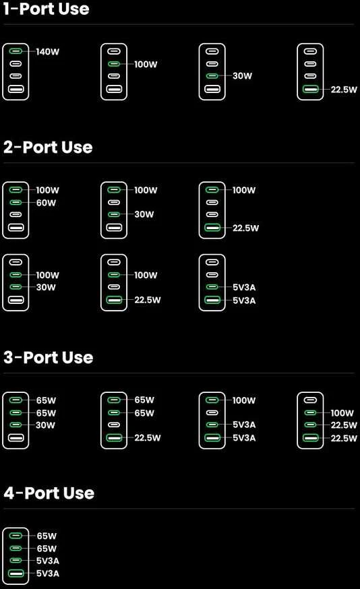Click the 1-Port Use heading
[47, 8]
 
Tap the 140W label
[48, 51]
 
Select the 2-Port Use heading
[48, 147]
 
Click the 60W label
[47, 203]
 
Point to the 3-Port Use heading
[49, 357]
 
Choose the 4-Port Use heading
[49, 493]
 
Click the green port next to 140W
[16, 51]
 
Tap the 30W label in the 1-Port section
[243, 76]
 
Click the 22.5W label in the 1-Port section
[344, 90]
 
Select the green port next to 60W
[16, 202]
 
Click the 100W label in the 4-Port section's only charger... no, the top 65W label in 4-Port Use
[47, 536]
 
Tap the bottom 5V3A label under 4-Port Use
[48, 573]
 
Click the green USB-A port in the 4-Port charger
[16, 573]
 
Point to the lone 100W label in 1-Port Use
[146, 64]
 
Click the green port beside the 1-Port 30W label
[212, 76]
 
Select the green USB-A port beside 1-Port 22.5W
[310, 89]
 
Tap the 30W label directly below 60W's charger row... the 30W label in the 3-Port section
[45, 425]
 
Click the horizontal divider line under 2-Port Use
[179, 163]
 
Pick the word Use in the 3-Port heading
[78, 357]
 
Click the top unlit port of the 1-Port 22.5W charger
[310, 51]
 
